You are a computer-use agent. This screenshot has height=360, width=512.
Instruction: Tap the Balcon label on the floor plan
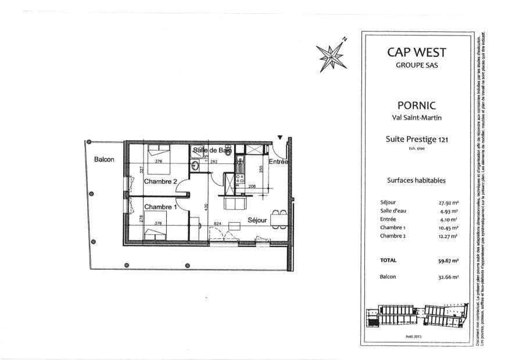coord(105,159)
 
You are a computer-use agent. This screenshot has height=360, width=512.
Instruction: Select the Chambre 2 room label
coord(160,181)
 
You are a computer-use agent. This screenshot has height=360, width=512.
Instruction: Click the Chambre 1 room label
coord(160,207)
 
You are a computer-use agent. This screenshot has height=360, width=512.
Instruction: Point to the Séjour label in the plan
coord(257,220)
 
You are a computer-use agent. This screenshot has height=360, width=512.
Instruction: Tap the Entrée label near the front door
coord(278,162)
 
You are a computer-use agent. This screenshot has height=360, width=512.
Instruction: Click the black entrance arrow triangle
coord(280,138)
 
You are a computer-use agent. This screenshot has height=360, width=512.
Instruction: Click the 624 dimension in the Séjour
coord(217,223)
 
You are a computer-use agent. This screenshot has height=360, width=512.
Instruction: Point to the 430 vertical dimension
coord(206,206)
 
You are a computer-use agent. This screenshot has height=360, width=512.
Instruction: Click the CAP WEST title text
coord(417,52)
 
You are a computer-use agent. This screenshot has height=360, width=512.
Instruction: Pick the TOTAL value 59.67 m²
coord(447,261)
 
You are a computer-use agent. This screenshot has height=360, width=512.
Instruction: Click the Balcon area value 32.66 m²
coord(447,277)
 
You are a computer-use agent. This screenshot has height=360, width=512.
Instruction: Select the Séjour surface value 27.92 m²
coord(447,204)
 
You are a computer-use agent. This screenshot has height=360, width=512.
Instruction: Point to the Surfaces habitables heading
coord(416,180)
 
